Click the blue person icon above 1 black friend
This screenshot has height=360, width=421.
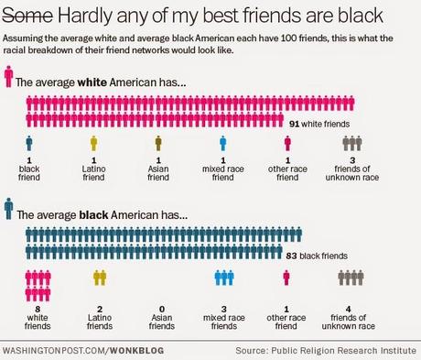(x=29, y=143)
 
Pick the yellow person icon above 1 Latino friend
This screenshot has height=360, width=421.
(x=93, y=143)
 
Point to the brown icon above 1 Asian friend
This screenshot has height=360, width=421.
(x=158, y=143)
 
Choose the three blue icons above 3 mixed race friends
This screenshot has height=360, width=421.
(x=224, y=278)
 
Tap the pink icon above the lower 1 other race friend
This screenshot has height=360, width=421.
(x=287, y=278)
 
